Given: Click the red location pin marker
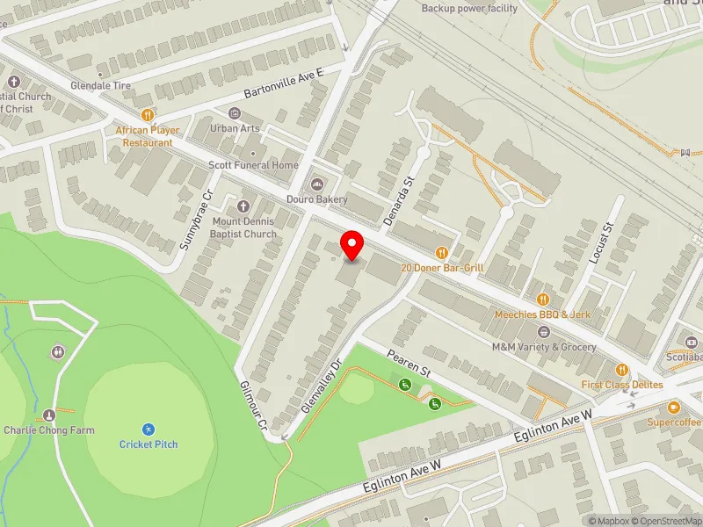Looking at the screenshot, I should [x=352, y=243].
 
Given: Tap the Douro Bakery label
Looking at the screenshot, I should [x=321, y=199].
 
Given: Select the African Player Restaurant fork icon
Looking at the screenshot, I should [x=148, y=113].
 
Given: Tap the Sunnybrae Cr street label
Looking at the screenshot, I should [x=196, y=220].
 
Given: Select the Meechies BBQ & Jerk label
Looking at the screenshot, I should [x=542, y=314].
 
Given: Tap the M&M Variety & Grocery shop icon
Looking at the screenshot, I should [x=543, y=332].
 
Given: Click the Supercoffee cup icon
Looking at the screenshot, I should [x=674, y=408].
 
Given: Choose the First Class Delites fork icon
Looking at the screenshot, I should [x=622, y=370].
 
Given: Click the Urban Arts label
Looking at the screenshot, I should [x=234, y=128].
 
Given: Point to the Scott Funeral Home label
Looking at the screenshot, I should [x=253, y=165].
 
